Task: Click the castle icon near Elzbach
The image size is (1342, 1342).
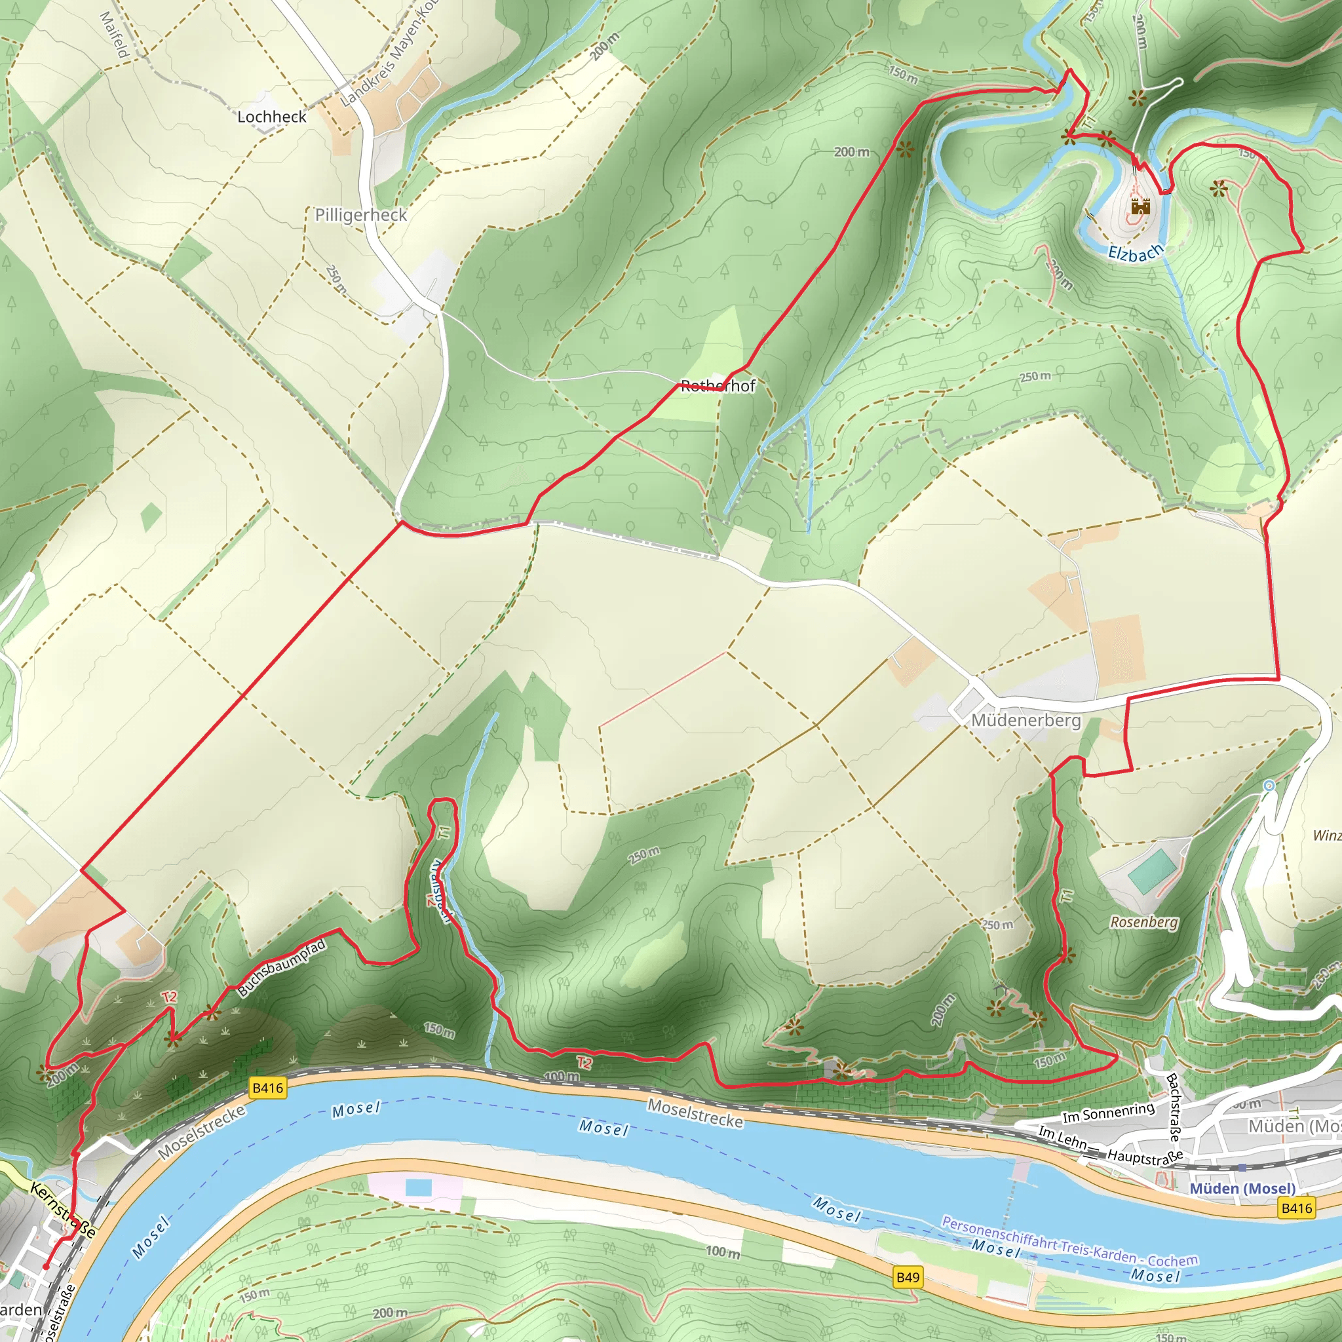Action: click(1141, 206)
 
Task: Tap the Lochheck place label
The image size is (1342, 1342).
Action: click(271, 117)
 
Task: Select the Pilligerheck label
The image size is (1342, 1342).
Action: click(360, 215)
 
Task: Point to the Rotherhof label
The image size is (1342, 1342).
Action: click(718, 385)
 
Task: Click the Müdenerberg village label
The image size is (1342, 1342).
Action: click(1026, 720)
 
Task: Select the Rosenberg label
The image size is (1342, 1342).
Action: click(1144, 923)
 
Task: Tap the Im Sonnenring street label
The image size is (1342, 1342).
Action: click(1109, 1113)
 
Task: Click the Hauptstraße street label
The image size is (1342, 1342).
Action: click(1145, 1157)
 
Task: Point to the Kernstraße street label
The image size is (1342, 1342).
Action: click(62, 1212)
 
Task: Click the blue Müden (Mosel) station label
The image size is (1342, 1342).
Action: click(1242, 1189)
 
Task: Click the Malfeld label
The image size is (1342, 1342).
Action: click(115, 35)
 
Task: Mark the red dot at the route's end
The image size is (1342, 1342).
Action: click(46, 1266)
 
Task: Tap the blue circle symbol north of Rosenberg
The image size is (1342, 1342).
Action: click(1269, 786)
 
